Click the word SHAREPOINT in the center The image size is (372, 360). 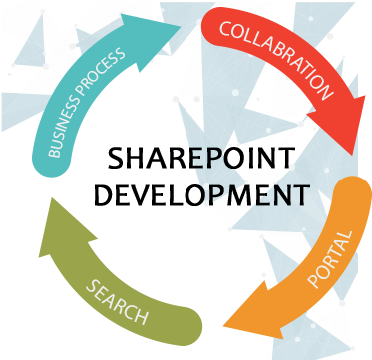[201, 158]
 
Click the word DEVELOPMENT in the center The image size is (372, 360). [202, 195]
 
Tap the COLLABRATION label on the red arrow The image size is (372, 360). [275, 59]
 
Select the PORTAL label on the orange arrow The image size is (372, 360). [329, 259]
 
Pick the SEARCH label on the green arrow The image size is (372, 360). [117, 302]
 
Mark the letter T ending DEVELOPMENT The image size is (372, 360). [303, 195]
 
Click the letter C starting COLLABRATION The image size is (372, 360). [224, 29]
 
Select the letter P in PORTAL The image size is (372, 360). [314, 281]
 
